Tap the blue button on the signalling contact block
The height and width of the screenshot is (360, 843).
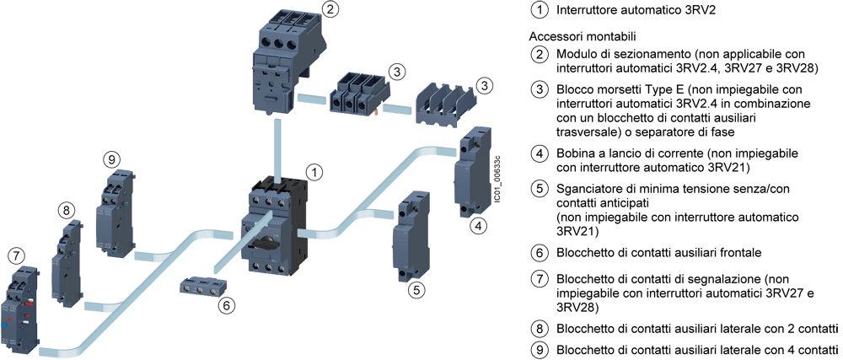[x=4, y=325]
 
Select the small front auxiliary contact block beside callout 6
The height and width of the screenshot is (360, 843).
[x=201, y=287]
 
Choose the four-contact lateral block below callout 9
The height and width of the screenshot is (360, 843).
[x=115, y=212]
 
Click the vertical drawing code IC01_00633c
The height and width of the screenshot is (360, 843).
[x=498, y=179]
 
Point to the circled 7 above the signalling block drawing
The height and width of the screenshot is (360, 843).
[x=18, y=255]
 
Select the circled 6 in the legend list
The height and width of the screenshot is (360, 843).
[x=540, y=252]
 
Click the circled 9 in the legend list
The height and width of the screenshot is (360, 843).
[x=540, y=350]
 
